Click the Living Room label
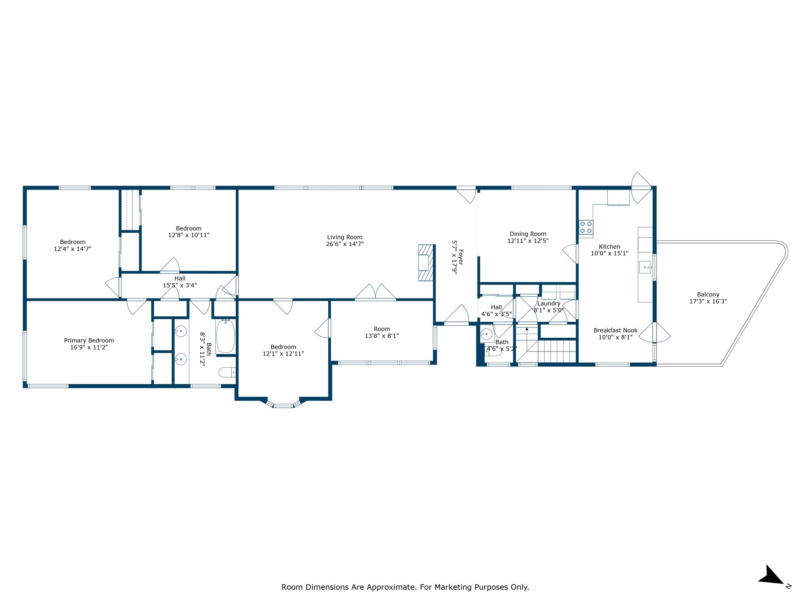click(x=345, y=237)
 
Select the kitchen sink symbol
click(x=645, y=267)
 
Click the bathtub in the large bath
click(x=226, y=336)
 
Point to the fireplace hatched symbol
click(x=426, y=263)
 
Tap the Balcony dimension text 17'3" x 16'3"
click(x=708, y=301)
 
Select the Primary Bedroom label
click(x=89, y=340)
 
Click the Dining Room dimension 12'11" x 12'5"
click(x=528, y=241)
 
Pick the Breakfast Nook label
click(x=615, y=331)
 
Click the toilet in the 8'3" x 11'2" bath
click(x=227, y=372)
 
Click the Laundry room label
click(x=548, y=304)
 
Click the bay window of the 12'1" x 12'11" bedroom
click(x=283, y=405)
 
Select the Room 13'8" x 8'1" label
click(x=382, y=329)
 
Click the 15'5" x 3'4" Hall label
click(x=180, y=279)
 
